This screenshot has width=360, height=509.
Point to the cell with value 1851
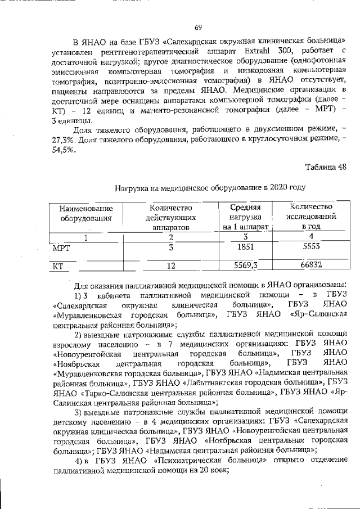tap(245, 247)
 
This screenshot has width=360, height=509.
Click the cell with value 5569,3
tap(245, 265)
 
